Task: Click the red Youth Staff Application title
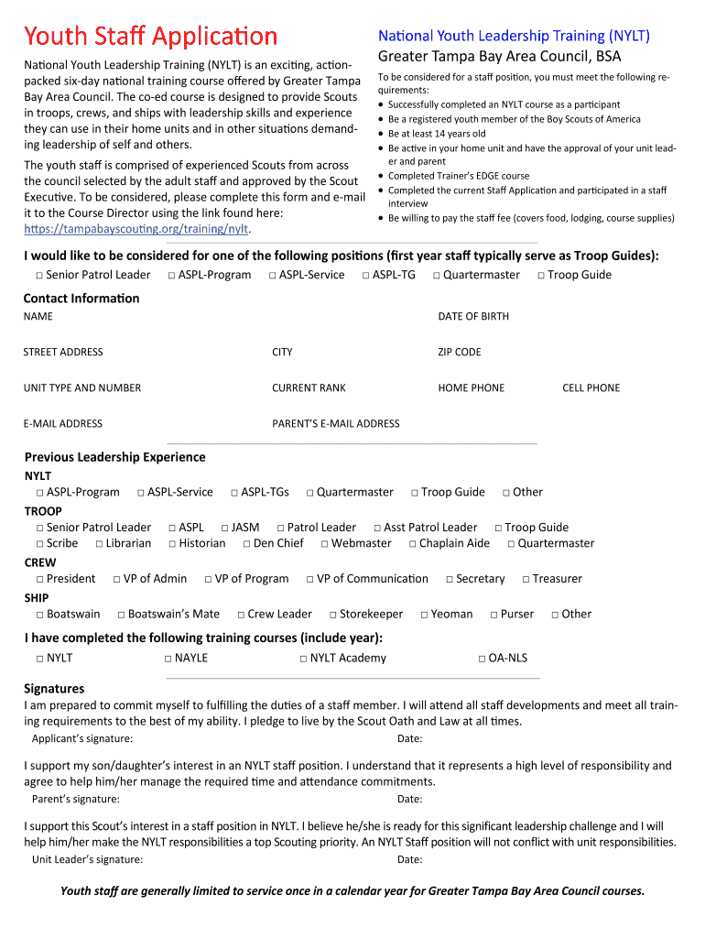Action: tap(150, 37)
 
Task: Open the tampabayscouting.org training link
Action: tap(136, 228)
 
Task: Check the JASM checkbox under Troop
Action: tap(225, 528)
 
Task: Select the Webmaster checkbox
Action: tap(325, 544)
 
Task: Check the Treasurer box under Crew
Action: tap(526, 579)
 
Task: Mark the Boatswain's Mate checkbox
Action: tap(122, 615)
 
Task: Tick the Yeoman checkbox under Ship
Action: tap(424, 615)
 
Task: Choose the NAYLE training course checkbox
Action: tap(168, 659)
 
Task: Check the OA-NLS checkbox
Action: tap(482, 659)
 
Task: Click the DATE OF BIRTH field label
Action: tap(473, 316)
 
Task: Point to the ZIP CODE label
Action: tap(459, 352)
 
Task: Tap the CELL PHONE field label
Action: tap(591, 387)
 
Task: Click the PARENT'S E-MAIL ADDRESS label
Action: tap(335, 423)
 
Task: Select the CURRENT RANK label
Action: tap(309, 387)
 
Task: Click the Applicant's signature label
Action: tap(82, 738)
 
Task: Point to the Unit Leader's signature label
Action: tap(87, 859)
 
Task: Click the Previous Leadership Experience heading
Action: tap(114, 457)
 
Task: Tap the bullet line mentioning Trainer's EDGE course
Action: tap(458, 176)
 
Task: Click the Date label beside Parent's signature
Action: tap(409, 799)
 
